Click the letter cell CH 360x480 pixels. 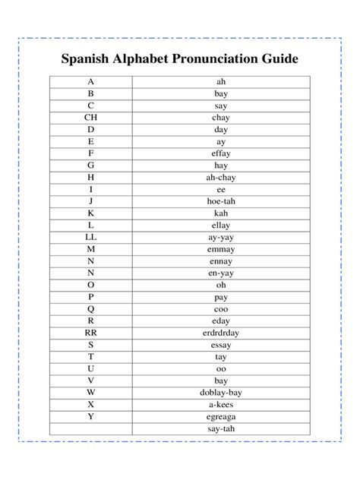91,118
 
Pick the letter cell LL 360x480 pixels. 91,237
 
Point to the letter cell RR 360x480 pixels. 91,333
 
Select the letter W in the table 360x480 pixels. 91,392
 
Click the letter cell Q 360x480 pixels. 91,308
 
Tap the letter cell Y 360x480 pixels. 91,416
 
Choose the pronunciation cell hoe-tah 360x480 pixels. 220,201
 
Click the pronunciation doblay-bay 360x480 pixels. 220,392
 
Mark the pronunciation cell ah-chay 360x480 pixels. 220,177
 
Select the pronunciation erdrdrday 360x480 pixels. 220,333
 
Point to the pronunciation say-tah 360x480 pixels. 220,428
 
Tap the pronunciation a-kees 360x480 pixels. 220,404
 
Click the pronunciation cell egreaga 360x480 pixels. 220,416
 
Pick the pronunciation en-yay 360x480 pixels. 220,273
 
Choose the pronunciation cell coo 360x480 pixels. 220,308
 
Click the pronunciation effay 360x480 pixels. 220,153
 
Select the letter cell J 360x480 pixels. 91,201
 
